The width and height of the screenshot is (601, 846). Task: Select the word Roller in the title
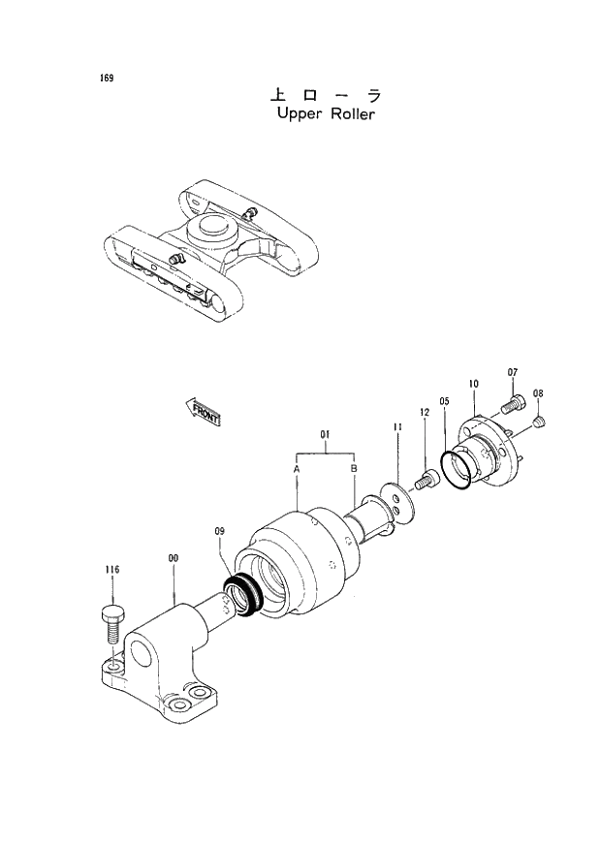point(350,113)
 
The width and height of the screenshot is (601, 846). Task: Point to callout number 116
point(111,572)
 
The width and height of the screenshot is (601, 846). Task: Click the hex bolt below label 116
point(111,621)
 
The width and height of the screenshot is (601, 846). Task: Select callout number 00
point(173,558)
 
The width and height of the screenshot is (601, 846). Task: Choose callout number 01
point(325,435)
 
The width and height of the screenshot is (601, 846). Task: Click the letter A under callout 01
point(296,469)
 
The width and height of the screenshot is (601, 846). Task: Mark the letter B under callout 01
point(354,469)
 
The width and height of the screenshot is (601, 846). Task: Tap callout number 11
point(397,427)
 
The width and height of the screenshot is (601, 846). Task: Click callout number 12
point(424,414)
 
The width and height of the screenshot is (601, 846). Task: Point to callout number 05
point(444,400)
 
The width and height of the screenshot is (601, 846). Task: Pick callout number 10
point(473,385)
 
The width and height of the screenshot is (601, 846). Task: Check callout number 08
point(538,393)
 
